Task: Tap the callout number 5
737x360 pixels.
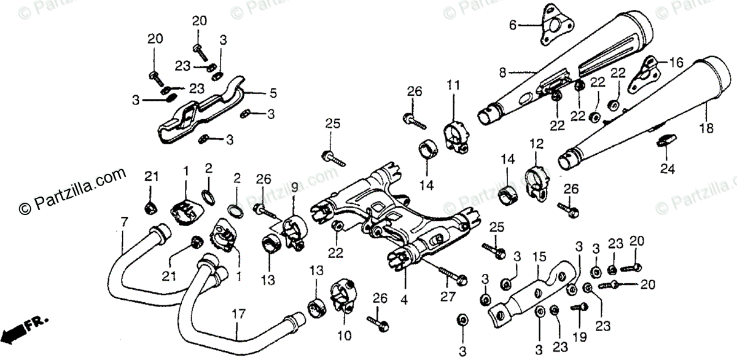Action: pos(273,93)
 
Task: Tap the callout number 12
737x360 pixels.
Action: pos(536,144)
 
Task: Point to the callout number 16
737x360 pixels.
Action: pos(676,62)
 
